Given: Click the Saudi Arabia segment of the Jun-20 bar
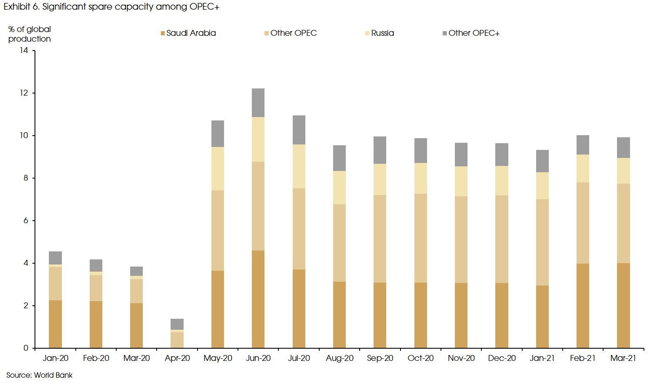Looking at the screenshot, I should click(x=258, y=299).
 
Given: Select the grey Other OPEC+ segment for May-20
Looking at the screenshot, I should click(x=218, y=133).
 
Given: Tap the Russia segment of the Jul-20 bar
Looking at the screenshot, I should click(x=299, y=166).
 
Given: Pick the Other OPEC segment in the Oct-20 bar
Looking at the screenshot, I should click(x=421, y=238).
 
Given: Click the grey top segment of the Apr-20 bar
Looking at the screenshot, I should click(x=177, y=324).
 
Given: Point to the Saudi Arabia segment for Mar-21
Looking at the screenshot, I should click(x=623, y=305).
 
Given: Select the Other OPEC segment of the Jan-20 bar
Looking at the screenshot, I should click(x=56, y=283).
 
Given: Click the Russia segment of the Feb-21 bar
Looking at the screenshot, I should click(x=583, y=168).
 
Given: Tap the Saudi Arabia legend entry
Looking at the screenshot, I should click(x=191, y=33).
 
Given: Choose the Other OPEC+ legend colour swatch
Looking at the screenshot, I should click(x=445, y=33).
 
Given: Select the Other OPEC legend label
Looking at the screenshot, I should click(x=294, y=33).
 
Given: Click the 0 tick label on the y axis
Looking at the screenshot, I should click(x=26, y=348).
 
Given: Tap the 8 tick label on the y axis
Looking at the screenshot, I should click(x=26, y=178).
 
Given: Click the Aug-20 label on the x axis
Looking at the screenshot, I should click(x=339, y=358).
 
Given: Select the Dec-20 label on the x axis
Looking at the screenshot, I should click(x=502, y=358).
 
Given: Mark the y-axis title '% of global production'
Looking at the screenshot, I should click(x=29, y=34).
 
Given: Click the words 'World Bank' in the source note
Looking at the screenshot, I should click(x=53, y=375).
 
